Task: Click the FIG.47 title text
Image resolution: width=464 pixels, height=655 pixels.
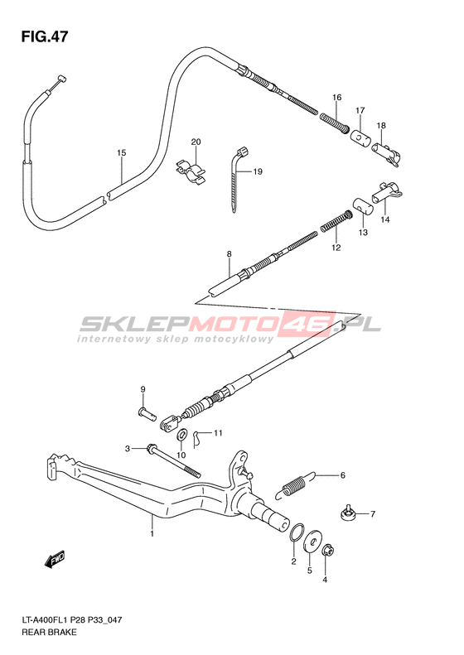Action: click(44, 36)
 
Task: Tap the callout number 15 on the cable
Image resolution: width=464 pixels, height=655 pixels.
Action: click(121, 153)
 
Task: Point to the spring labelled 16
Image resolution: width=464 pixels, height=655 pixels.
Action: click(335, 123)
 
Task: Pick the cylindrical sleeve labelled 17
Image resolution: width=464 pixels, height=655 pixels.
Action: click(360, 137)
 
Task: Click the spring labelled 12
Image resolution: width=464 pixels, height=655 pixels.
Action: click(336, 221)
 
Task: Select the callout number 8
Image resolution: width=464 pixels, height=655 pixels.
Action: click(229, 254)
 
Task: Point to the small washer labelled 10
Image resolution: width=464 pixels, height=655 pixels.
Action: click(182, 435)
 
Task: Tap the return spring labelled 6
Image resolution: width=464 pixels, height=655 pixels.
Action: click(294, 485)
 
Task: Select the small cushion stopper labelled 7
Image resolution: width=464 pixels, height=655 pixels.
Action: click(347, 513)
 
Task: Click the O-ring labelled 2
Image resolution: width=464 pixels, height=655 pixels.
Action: click(297, 532)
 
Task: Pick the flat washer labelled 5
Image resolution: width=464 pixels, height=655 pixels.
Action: click(312, 542)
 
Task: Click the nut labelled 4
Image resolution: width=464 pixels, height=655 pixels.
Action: click(328, 550)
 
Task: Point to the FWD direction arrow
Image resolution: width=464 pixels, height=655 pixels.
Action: click(55, 559)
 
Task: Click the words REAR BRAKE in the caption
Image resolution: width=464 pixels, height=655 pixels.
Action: click(49, 632)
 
